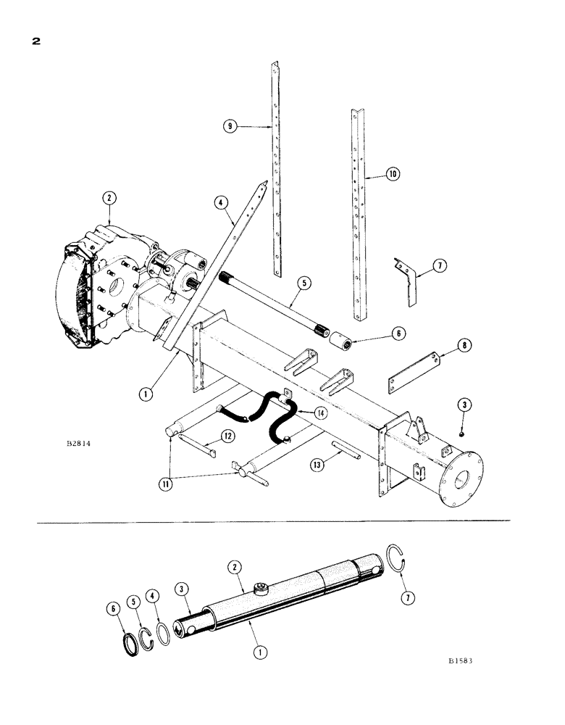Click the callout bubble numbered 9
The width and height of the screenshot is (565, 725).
click(230, 125)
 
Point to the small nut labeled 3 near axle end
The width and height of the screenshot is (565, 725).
click(461, 434)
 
